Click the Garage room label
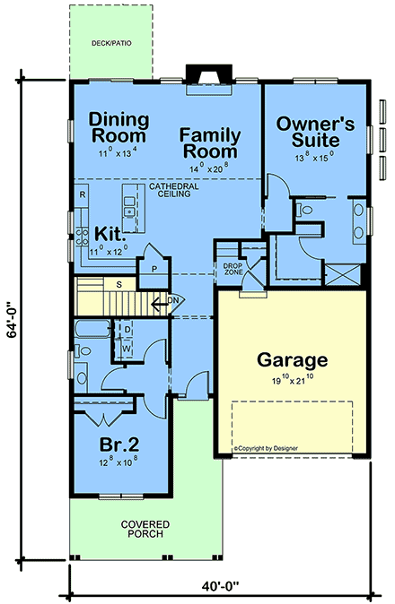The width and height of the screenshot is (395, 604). click(292, 360)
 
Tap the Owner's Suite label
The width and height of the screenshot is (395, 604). click(314, 131)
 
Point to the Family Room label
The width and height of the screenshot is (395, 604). click(209, 143)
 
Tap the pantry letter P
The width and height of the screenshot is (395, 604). click(154, 268)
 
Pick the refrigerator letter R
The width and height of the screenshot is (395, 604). click(82, 194)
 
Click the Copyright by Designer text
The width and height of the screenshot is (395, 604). click(266, 446)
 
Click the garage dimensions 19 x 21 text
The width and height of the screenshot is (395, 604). click(293, 381)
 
